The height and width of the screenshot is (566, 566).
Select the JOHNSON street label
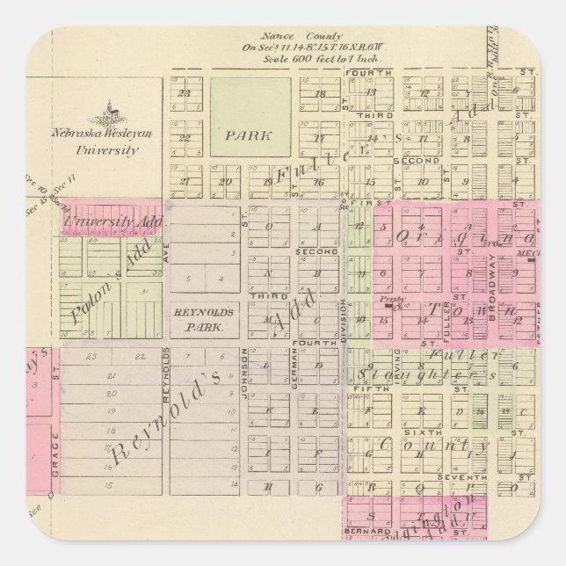coord(243,370)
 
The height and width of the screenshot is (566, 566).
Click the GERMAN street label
coord(294,372)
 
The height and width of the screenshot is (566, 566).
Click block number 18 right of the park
coord(322,92)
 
